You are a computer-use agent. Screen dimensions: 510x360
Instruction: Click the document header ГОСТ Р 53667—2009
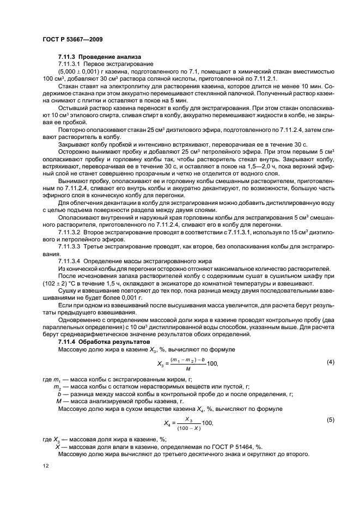point(68,39)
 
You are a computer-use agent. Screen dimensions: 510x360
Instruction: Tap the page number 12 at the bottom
point(46,466)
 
